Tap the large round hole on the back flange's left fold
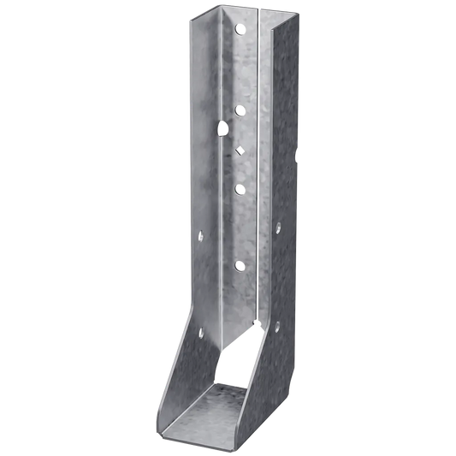(222, 130)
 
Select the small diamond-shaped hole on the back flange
(239, 148)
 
